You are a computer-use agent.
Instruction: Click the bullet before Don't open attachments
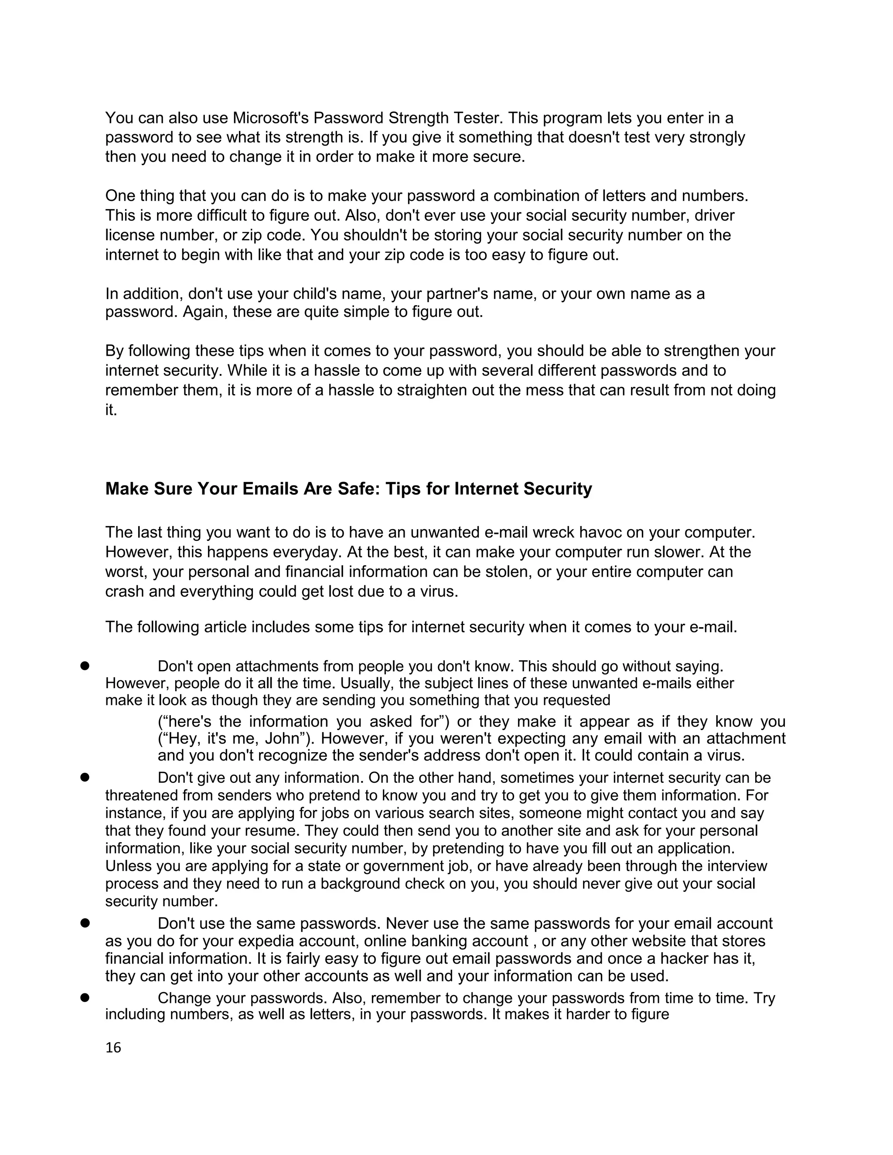[x=84, y=666]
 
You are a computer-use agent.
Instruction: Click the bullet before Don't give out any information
[x=84, y=778]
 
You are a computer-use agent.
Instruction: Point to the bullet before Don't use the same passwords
[x=84, y=924]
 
